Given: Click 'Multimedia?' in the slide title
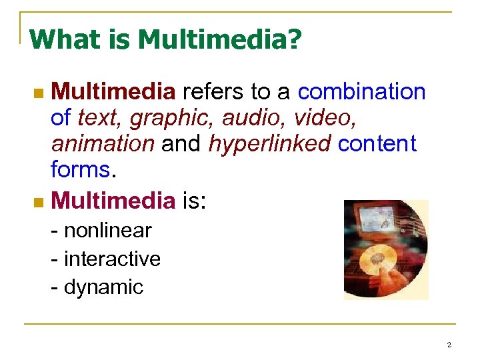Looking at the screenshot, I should pyautogui.click(x=220, y=40).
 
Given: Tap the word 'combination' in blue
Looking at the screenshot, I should pyautogui.click(x=362, y=91).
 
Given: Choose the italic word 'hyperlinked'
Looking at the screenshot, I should pyautogui.click(x=270, y=143).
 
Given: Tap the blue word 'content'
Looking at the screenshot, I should pyautogui.click(x=377, y=143).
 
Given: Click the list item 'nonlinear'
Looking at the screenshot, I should pyautogui.click(x=107, y=231).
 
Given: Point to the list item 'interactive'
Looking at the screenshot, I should pyautogui.click(x=112, y=259).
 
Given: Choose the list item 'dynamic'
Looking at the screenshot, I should pyautogui.click(x=103, y=287).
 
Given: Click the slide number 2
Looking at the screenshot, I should pyautogui.click(x=449, y=345).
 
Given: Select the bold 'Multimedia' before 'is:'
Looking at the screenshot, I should pyautogui.click(x=113, y=199).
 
